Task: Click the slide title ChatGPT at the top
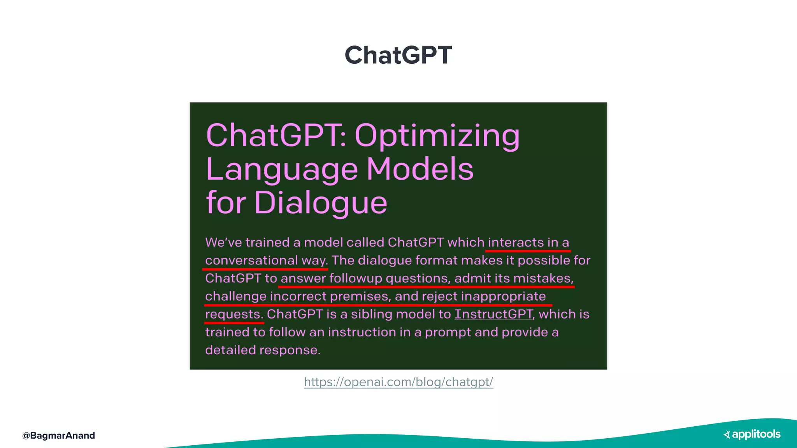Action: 398,55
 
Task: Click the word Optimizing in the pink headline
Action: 437,136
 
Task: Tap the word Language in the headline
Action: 282,170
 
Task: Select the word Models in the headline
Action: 420,170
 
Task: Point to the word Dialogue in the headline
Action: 321,203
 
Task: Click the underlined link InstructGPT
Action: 494,314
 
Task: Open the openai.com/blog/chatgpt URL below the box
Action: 398,382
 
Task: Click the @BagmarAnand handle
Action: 58,436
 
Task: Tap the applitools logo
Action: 752,434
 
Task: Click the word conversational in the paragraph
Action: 251,260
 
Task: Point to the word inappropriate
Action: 503,296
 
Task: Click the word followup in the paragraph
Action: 356,278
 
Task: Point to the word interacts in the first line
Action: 516,242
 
